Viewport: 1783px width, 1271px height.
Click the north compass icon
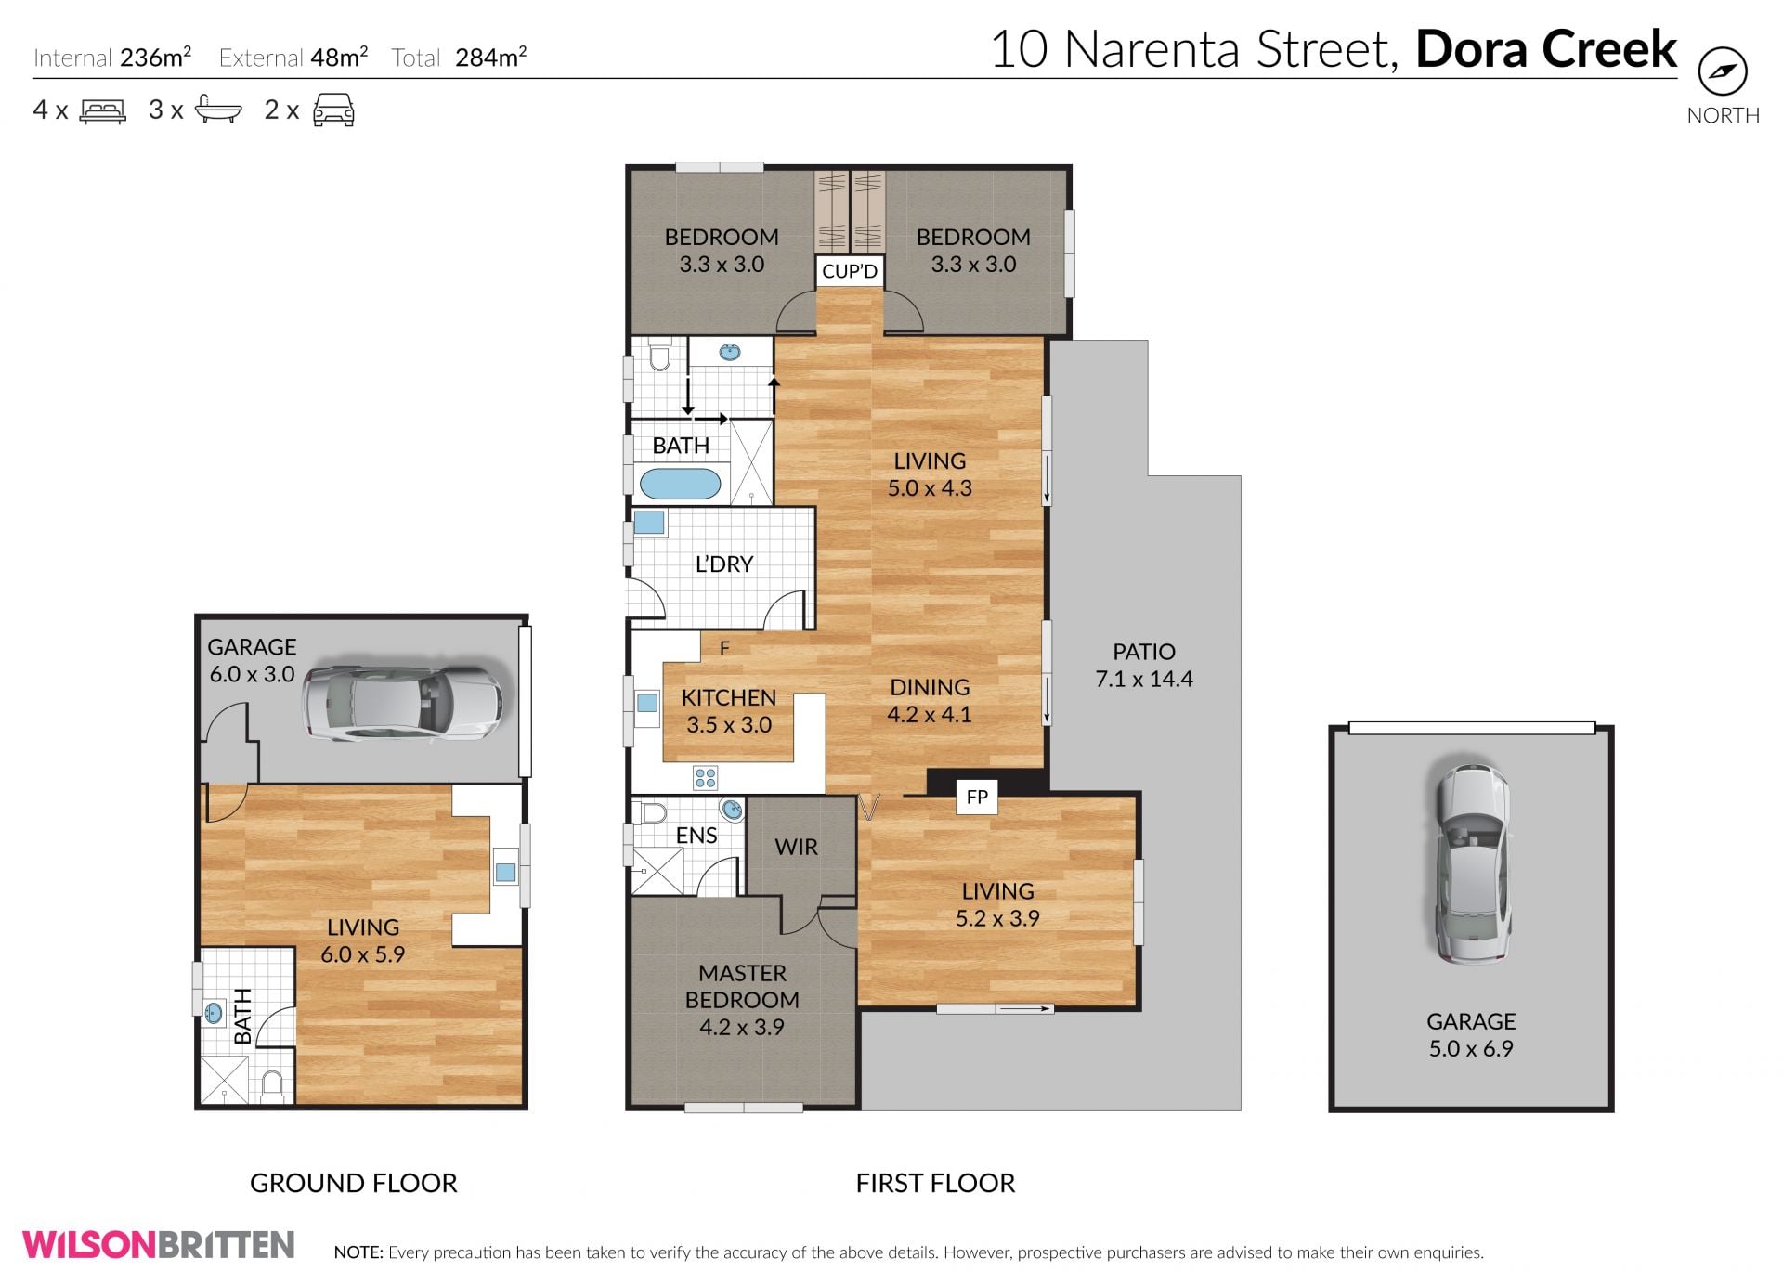point(1723,71)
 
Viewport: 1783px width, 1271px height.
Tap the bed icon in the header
point(103,111)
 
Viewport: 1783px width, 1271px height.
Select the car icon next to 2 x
point(333,110)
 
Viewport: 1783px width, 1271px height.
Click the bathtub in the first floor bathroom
point(680,483)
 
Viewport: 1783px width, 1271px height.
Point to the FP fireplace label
point(977,797)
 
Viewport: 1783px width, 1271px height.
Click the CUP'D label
point(850,271)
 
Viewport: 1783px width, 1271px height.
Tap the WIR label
point(796,847)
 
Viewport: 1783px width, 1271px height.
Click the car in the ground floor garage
point(402,702)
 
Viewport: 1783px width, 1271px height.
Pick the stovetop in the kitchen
point(705,777)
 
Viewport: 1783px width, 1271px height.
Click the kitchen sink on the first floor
point(647,702)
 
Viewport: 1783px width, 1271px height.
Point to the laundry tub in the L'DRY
point(649,523)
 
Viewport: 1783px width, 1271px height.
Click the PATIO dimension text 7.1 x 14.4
point(1144,679)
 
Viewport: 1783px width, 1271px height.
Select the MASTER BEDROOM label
point(742,986)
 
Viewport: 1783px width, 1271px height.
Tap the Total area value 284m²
point(491,58)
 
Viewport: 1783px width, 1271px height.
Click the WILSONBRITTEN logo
point(159,1244)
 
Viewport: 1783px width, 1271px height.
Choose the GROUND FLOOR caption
point(354,1183)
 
